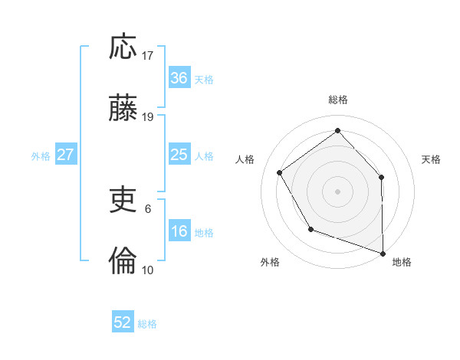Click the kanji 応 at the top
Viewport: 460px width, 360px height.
tap(123, 47)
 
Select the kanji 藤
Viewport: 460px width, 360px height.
tap(123, 108)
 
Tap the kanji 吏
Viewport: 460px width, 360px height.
tap(123, 201)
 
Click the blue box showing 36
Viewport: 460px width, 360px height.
tap(179, 78)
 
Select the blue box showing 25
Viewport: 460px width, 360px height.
tap(179, 155)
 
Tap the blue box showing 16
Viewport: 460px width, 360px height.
tap(179, 231)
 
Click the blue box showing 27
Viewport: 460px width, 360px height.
tap(65, 155)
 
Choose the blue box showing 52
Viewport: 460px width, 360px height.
tap(123, 322)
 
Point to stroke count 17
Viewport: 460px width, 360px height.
tap(148, 56)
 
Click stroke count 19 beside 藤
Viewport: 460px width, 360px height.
tap(148, 117)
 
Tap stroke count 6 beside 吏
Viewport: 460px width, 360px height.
tap(148, 208)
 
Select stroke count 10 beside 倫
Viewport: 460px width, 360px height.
tap(148, 270)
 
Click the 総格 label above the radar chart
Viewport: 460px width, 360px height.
tap(338, 100)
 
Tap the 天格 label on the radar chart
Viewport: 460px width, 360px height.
tap(431, 159)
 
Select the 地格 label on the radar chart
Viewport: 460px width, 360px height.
tap(402, 262)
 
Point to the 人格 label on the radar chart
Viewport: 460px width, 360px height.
tap(245, 159)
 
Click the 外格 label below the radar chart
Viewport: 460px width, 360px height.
tap(270, 262)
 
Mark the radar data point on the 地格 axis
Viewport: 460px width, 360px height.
tap(383, 252)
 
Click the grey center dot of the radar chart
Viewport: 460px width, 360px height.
tap(337, 191)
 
